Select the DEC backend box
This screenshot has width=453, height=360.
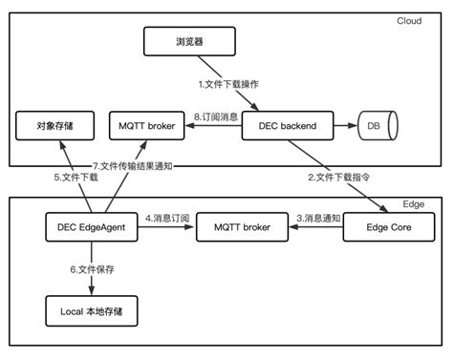click(x=288, y=125)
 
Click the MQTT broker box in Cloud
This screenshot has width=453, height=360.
click(x=145, y=125)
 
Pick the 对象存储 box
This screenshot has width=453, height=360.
click(x=53, y=125)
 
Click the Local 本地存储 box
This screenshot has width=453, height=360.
click(x=91, y=310)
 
